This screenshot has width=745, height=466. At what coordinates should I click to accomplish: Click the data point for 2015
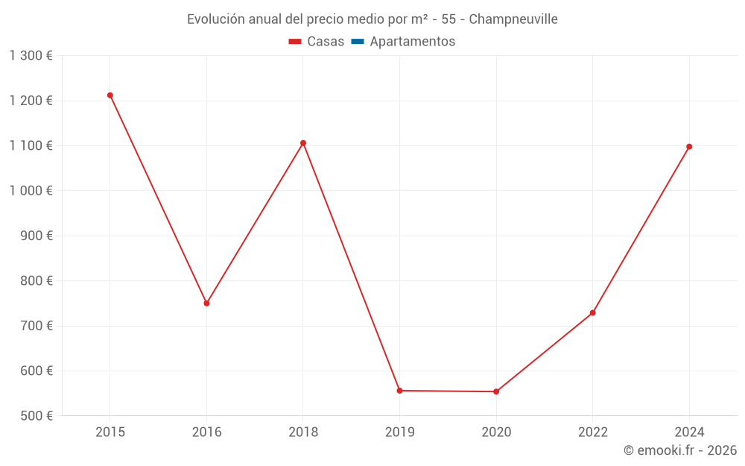point(110,95)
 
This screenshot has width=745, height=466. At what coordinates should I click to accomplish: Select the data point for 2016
point(206,303)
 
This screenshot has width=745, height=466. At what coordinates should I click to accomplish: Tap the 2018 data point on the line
point(303,143)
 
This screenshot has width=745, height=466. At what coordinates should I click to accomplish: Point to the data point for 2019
point(399,391)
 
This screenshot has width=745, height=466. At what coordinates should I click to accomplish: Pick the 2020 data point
point(496,391)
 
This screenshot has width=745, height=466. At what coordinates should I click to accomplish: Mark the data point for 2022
point(593,312)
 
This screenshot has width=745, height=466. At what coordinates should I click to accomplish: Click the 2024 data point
point(689,147)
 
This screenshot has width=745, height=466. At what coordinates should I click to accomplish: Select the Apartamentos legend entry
point(412,42)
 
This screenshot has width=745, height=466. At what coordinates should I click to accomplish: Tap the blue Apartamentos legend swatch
point(357,42)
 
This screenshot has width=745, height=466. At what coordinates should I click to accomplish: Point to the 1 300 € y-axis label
point(31,56)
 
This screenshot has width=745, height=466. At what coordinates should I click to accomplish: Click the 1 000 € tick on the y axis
point(31,191)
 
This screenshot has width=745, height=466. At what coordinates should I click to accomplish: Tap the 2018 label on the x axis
point(303,432)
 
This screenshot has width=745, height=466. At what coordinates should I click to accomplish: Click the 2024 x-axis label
point(689,432)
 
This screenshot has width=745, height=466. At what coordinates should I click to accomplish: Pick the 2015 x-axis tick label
point(110,432)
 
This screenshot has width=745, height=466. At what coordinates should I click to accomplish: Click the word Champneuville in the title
point(513,19)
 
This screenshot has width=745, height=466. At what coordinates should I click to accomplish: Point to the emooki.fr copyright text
point(680,450)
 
